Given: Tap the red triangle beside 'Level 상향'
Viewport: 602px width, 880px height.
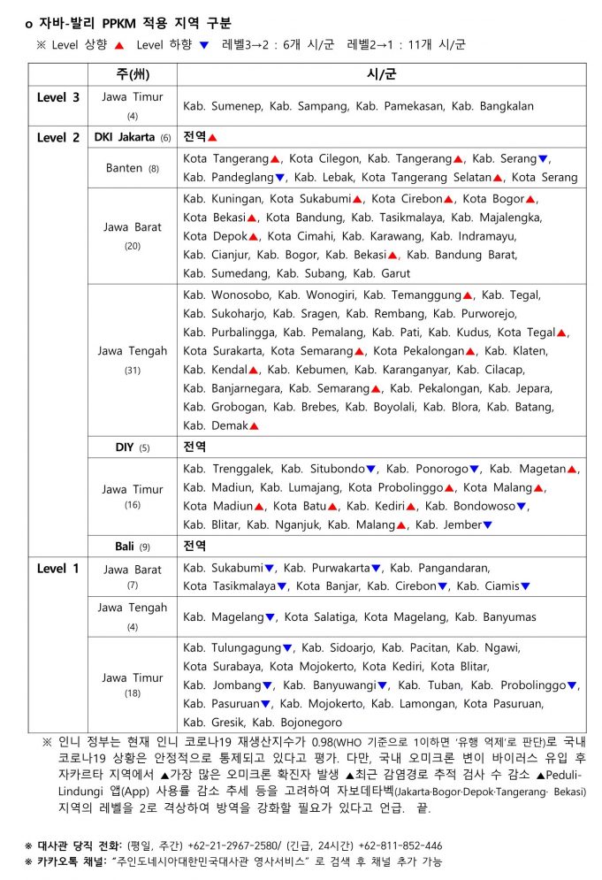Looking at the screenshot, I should pos(118,44).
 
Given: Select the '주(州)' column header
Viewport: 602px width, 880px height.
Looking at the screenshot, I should pos(132,73).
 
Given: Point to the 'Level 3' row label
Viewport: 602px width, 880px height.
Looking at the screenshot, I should pos(58,97).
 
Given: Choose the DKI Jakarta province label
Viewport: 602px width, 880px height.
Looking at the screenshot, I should pos(126,137).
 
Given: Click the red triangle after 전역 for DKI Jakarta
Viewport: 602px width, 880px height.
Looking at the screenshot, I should pos(212,137).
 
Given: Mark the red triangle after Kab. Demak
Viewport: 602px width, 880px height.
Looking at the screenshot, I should pos(254,426).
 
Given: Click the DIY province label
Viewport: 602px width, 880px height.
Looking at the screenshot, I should pos(125,447).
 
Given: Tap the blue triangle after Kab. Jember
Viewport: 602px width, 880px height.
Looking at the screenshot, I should pos(487,525).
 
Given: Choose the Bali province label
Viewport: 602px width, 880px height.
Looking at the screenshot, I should pos(125,546).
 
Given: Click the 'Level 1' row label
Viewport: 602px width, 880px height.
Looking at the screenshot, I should pos(58,568).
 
